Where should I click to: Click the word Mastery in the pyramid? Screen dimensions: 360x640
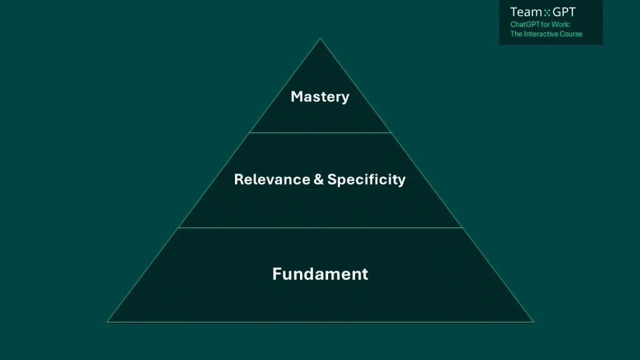(x=320, y=97)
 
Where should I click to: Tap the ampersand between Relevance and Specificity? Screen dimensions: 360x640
(x=319, y=180)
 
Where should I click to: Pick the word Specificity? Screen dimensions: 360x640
(x=366, y=180)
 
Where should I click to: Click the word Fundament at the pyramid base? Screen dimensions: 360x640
(x=320, y=274)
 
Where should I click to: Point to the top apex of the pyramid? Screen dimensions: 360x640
(x=320, y=39)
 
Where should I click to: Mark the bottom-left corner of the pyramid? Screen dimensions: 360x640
(x=107, y=322)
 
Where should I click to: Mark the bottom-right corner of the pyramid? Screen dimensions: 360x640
(x=533, y=322)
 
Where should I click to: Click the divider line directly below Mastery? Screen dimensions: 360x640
(x=320, y=132)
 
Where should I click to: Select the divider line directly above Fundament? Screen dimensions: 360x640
(x=320, y=227)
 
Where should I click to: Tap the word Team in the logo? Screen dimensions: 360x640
(x=525, y=12)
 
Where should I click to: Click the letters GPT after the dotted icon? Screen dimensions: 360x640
(x=564, y=12)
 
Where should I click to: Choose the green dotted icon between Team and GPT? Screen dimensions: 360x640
(x=547, y=12)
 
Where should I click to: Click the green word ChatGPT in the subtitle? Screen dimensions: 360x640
(x=524, y=24)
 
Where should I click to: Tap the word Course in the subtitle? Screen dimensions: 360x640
(x=571, y=34)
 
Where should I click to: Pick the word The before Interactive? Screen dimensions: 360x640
(x=516, y=34)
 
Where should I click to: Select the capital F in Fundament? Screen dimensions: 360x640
(x=277, y=274)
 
